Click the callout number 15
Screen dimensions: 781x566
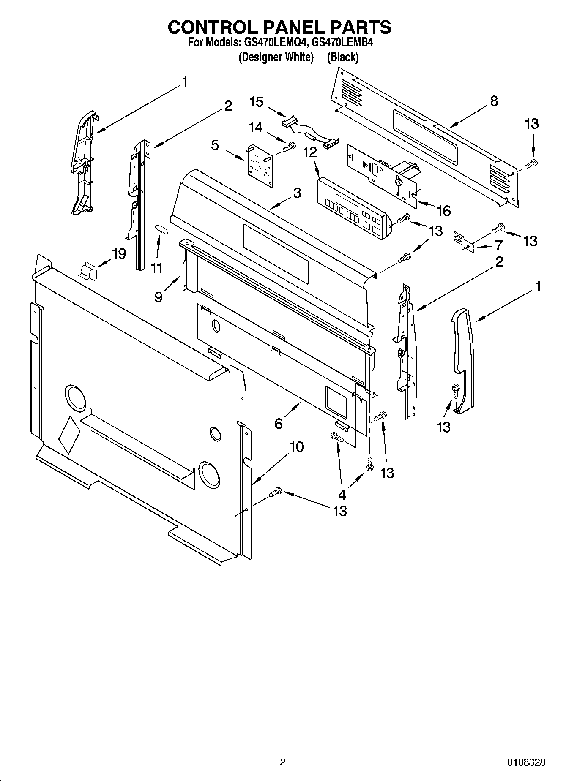(257, 102)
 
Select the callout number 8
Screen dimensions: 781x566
(494, 101)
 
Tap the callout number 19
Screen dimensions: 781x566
(119, 254)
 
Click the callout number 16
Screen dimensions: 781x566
(443, 210)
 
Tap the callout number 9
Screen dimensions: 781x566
(159, 297)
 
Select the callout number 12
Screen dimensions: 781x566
(311, 152)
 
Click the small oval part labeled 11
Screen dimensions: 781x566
(161, 229)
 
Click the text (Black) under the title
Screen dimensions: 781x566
(343, 57)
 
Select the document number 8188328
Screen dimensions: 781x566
(526, 763)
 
